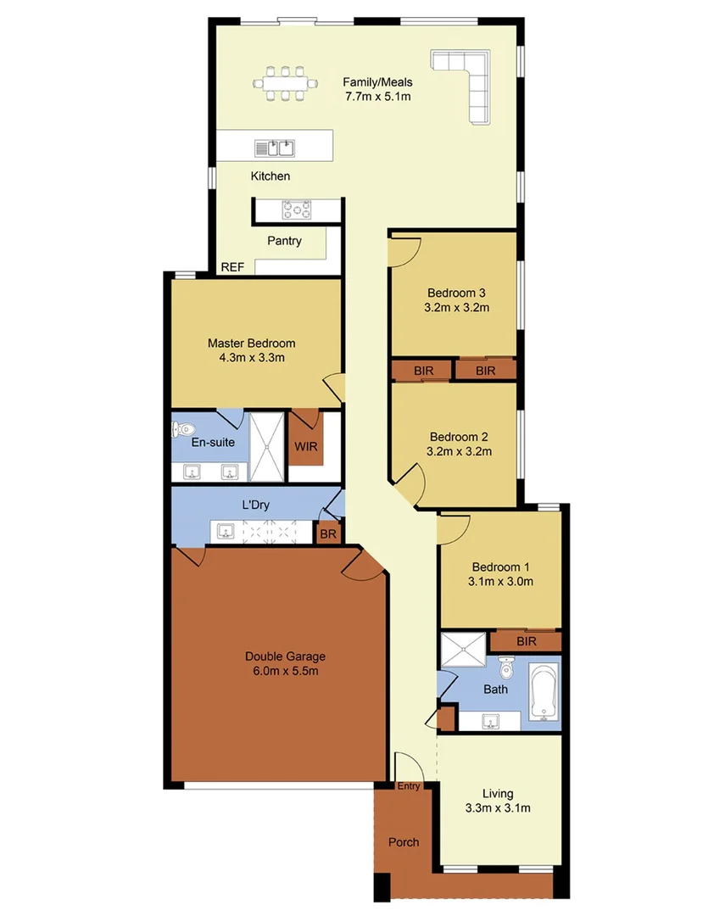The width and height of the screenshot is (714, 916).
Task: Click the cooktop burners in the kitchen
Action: (297, 209)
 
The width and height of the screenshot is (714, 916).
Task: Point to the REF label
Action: (232, 266)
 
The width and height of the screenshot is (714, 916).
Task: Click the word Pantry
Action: (284, 241)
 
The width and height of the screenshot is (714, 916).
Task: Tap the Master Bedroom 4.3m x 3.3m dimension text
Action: (252, 357)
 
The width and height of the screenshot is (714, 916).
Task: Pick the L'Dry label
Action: (255, 505)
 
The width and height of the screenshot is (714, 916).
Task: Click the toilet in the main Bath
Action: (506, 669)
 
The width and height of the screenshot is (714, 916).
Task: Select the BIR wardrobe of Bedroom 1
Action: (526, 641)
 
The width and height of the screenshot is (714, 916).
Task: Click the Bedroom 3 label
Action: (456, 293)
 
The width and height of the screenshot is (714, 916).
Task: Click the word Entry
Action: (409, 786)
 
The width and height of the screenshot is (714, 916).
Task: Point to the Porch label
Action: (403, 842)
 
